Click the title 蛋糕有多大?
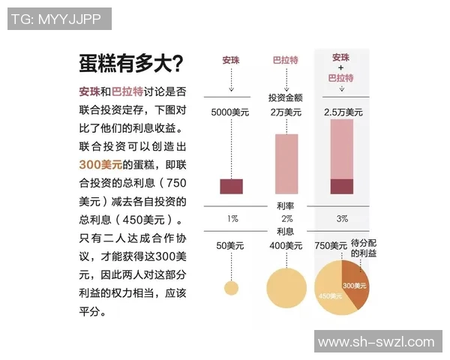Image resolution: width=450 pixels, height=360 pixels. pyautogui.click(x=130, y=63)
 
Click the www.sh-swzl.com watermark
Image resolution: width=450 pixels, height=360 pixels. pyautogui.click(x=376, y=342)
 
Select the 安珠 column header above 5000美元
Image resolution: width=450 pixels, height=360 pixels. pyautogui.click(x=232, y=60)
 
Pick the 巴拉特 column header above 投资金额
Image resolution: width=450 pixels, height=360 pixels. pyautogui.click(x=285, y=60)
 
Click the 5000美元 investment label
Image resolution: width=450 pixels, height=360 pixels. pyautogui.click(x=231, y=112)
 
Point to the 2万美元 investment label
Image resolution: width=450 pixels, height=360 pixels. pyautogui.click(x=285, y=112)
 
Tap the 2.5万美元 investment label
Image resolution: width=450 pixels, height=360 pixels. pyautogui.click(x=342, y=112)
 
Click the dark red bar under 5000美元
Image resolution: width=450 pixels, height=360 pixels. pyautogui.click(x=231, y=187)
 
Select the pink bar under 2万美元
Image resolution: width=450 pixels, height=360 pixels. pyautogui.click(x=286, y=164)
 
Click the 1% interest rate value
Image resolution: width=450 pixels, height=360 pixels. pyautogui.click(x=232, y=218)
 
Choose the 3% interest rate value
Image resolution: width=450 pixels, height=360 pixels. pyautogui.click(x=342, y=218)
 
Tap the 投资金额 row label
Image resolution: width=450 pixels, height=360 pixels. pyautogui.click(x=285, y=97)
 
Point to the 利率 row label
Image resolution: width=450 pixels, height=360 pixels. pyautogui.click(x=285, y=205)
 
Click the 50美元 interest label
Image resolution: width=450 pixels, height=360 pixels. pyautogui.click(x=231, y=245)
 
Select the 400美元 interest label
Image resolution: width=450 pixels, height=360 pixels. pyautogui.click(x=285, y=245)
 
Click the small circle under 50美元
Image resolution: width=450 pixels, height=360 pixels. pyautogui.click(x=231, y=287)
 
